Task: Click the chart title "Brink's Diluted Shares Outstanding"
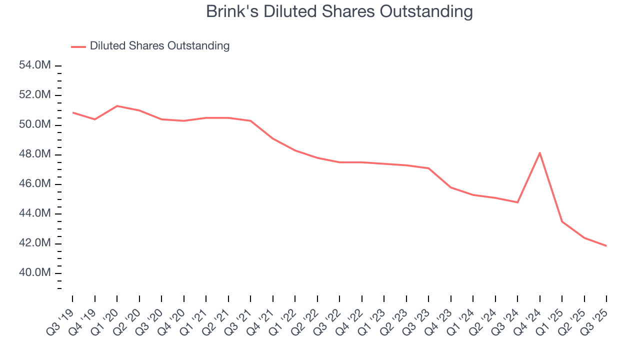339,11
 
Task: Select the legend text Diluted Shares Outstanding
159,46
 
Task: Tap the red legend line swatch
78,46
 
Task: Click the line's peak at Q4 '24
540,152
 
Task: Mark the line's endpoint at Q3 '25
606,246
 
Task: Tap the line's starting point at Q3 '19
72,112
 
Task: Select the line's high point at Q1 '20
117,106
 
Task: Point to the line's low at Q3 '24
517,202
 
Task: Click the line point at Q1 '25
562,221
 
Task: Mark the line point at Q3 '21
250,121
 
